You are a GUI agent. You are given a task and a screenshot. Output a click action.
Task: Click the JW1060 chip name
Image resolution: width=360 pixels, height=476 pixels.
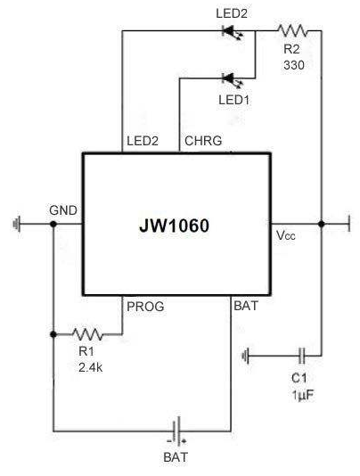pyautogui.click(x=175, y=226)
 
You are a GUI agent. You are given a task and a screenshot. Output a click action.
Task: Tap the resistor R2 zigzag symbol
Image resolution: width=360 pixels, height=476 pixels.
pyautogui.click(x=292, y=30)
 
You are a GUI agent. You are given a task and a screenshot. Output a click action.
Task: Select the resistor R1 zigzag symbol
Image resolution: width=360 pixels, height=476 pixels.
pyautogui.click(x=87, y=334)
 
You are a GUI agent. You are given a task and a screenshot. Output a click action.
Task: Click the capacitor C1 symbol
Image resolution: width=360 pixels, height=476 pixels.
pyautogui.click(x=301, y=356)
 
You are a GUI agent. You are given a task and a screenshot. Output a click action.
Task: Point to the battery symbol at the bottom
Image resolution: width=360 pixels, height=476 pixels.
pyautogui.click(x=177, y=431)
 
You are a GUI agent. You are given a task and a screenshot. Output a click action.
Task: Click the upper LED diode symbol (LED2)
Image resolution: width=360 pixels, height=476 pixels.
pyautogui.click(x=233, y=31)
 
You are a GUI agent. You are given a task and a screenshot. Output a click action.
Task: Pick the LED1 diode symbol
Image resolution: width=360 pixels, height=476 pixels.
pyautogui.click(x=233, y=79)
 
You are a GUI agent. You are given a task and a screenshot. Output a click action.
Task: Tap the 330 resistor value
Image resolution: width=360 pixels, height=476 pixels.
pyautogui.click(x=294, y=65)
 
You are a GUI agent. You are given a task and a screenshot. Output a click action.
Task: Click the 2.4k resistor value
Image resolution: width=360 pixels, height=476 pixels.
pyautogui.click(x=91, y=367)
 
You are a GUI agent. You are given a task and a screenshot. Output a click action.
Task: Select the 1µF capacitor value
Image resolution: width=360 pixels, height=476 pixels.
pyautogui.click(x=303, y=395)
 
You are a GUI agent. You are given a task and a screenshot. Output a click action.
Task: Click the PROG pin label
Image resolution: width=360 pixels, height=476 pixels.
pyautogui.click(x=145, y=307)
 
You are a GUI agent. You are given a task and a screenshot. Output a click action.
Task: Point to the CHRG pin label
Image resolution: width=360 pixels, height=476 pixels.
pyautogui.click(x=203, y=141)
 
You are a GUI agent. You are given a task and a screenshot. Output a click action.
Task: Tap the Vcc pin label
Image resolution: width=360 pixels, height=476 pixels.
pyautogui.click(x=286, y=235)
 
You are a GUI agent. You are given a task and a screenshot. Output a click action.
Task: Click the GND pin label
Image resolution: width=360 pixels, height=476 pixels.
pyautogui.click(x=63, y=210)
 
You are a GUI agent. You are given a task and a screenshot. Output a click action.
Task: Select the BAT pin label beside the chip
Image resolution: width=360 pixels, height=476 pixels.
pyautogui.click(x=246, y=306)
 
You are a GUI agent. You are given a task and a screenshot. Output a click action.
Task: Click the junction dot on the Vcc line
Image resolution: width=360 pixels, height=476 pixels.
pyautogui.click(x=322, y=224)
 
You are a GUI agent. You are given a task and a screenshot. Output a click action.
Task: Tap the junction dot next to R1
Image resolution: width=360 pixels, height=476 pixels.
pyautogui.click(x=53, y=334)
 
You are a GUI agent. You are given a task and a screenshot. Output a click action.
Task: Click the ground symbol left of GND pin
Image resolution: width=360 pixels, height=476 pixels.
pyautogui.click(x=17, y=224)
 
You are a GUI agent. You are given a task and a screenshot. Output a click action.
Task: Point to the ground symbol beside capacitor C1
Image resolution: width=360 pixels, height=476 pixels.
pyautogui.click(x=246, y=356)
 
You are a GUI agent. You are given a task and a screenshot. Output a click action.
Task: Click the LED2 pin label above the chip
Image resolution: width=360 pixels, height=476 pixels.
pyautogui.click(x=143, y=141)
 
